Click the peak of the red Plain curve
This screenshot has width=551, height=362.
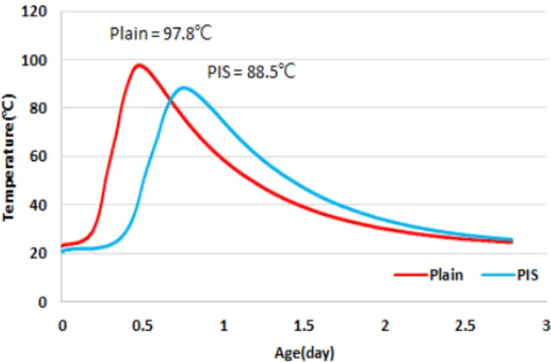tap(139, 65)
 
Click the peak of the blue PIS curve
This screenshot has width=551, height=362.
tap(183, 87)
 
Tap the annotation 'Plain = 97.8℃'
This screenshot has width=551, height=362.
tap(161, 34)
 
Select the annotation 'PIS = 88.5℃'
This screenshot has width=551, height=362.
tap(252, 72)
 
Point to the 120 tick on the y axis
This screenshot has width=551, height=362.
tap(34, 12)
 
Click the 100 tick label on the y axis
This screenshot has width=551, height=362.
tap(34, 61)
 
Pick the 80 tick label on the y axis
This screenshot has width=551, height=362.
tap(38, 108)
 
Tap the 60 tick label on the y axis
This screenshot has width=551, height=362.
tap(38, 156)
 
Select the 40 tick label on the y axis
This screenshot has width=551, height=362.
tap(38, 205)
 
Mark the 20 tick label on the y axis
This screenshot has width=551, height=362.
tap(38, 253)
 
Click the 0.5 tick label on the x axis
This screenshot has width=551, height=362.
tap(142, 326)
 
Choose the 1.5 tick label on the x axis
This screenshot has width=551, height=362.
tap(304, 326)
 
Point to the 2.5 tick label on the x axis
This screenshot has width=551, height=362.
tap(465, 326)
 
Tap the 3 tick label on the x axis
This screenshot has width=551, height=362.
tap(546, 326)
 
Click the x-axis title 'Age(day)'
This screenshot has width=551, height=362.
tap(304, 353)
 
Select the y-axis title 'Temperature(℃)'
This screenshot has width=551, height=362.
tap(9, 157)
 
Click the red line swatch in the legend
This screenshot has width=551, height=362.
tap(410, 275)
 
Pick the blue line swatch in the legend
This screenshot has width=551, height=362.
tap(498, 275)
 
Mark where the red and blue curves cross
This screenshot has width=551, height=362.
tap(170, 101)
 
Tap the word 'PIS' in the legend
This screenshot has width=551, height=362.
tap(528, 275)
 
